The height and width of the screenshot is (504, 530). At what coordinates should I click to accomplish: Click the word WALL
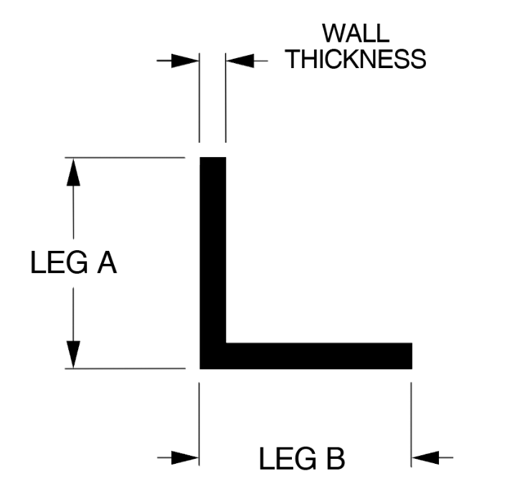point(356,34)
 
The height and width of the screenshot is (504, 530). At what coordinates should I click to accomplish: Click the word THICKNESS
point(356,59)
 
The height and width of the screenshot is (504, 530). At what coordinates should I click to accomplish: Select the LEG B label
point(302,459)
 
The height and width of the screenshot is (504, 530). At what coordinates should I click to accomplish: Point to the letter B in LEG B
point(333,459)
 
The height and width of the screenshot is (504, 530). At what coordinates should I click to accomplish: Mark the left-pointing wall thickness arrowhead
point(239,60)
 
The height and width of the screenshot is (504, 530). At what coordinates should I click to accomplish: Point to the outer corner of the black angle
point(202,366)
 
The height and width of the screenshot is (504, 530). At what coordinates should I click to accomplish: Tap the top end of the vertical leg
point(212,159)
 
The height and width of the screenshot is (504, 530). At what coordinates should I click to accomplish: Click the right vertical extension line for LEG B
point(412,423)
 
